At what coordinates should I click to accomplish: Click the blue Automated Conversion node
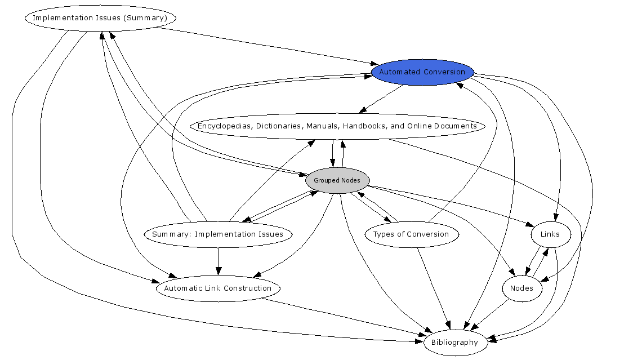(422, 72)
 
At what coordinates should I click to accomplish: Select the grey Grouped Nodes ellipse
(337, 180)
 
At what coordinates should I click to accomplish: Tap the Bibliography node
(454, 343)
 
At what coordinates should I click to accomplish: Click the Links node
(550, 234)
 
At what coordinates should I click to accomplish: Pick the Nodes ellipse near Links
(521, 288)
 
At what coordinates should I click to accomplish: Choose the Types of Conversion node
(411, 234)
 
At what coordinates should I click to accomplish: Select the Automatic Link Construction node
(218, 288)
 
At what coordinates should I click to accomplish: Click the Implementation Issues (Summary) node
(100, 18)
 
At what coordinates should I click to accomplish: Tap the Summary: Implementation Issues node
(218, 234)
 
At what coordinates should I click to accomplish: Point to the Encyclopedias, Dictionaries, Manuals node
(337, 126)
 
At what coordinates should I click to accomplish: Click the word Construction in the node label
(248, 288)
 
